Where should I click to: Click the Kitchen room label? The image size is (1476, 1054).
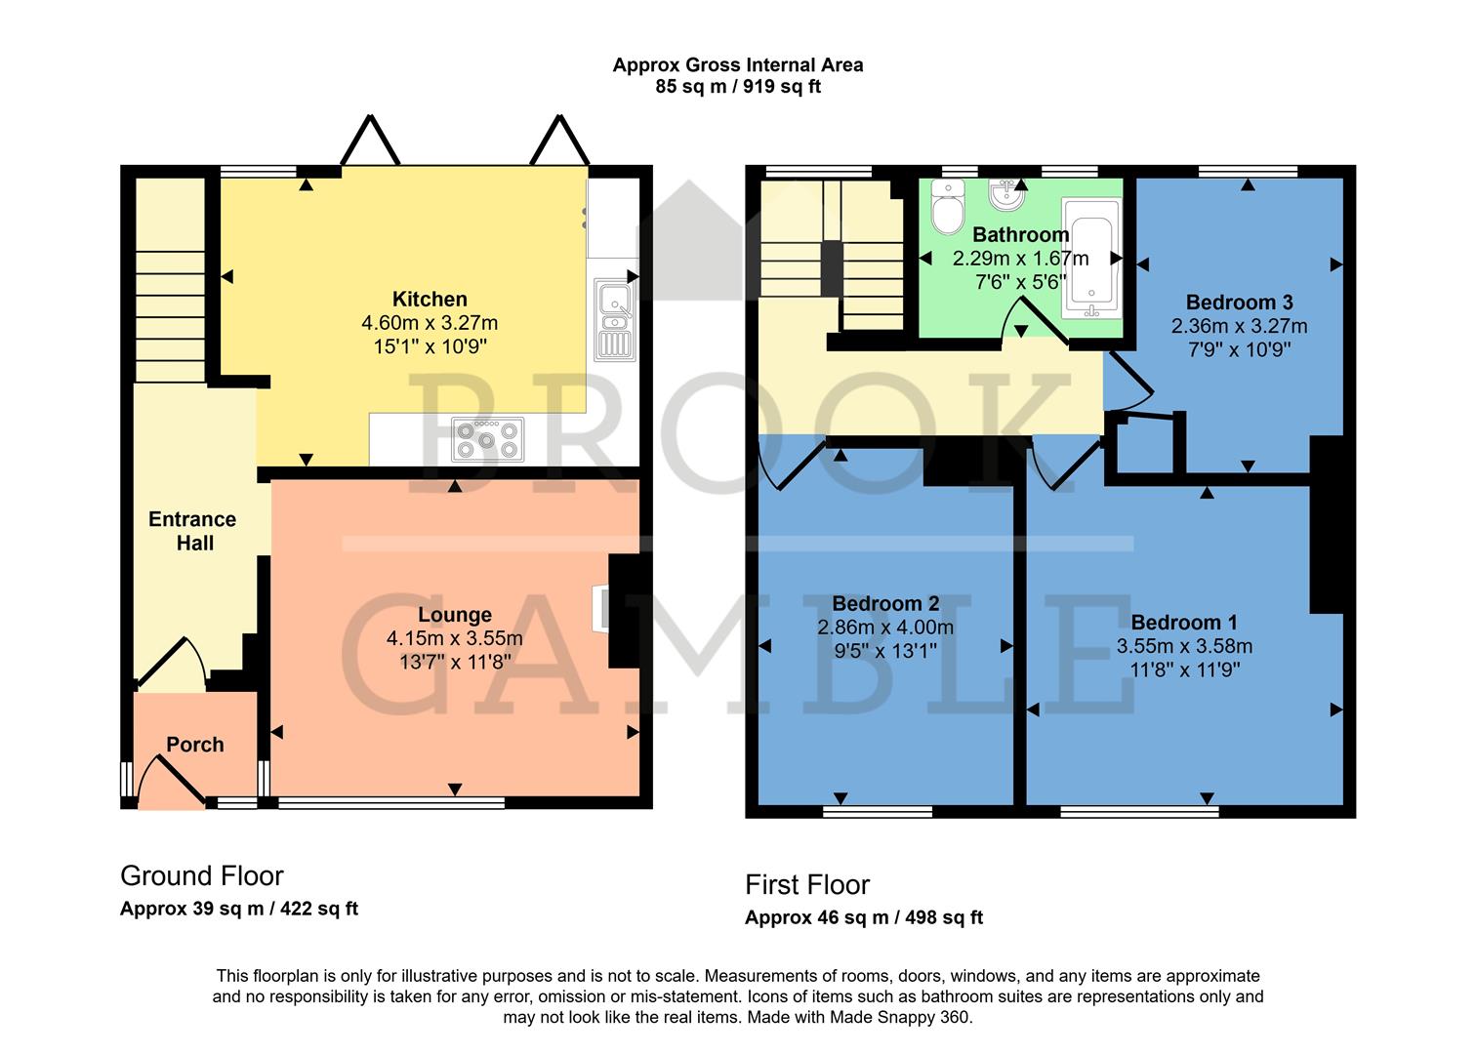point(430,300)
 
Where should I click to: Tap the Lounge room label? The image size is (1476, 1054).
point(454,615)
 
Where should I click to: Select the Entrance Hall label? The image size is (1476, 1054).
point(192,531)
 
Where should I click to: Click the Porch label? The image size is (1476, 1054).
point(195,745)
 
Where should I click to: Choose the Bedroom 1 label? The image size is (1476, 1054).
point(1184,623)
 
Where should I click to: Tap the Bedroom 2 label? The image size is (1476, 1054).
point(885,604)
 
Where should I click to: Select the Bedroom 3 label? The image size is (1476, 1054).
point(1238,303)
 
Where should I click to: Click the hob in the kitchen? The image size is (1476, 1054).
point(487,439)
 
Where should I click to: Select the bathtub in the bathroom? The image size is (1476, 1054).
point(1091,259)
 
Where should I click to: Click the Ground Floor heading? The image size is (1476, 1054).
point(202,875)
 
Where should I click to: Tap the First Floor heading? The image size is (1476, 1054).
point(807,885)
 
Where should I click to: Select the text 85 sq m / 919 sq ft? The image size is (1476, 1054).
point(738,87)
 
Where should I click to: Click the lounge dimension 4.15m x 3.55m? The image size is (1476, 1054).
point(454,639)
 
